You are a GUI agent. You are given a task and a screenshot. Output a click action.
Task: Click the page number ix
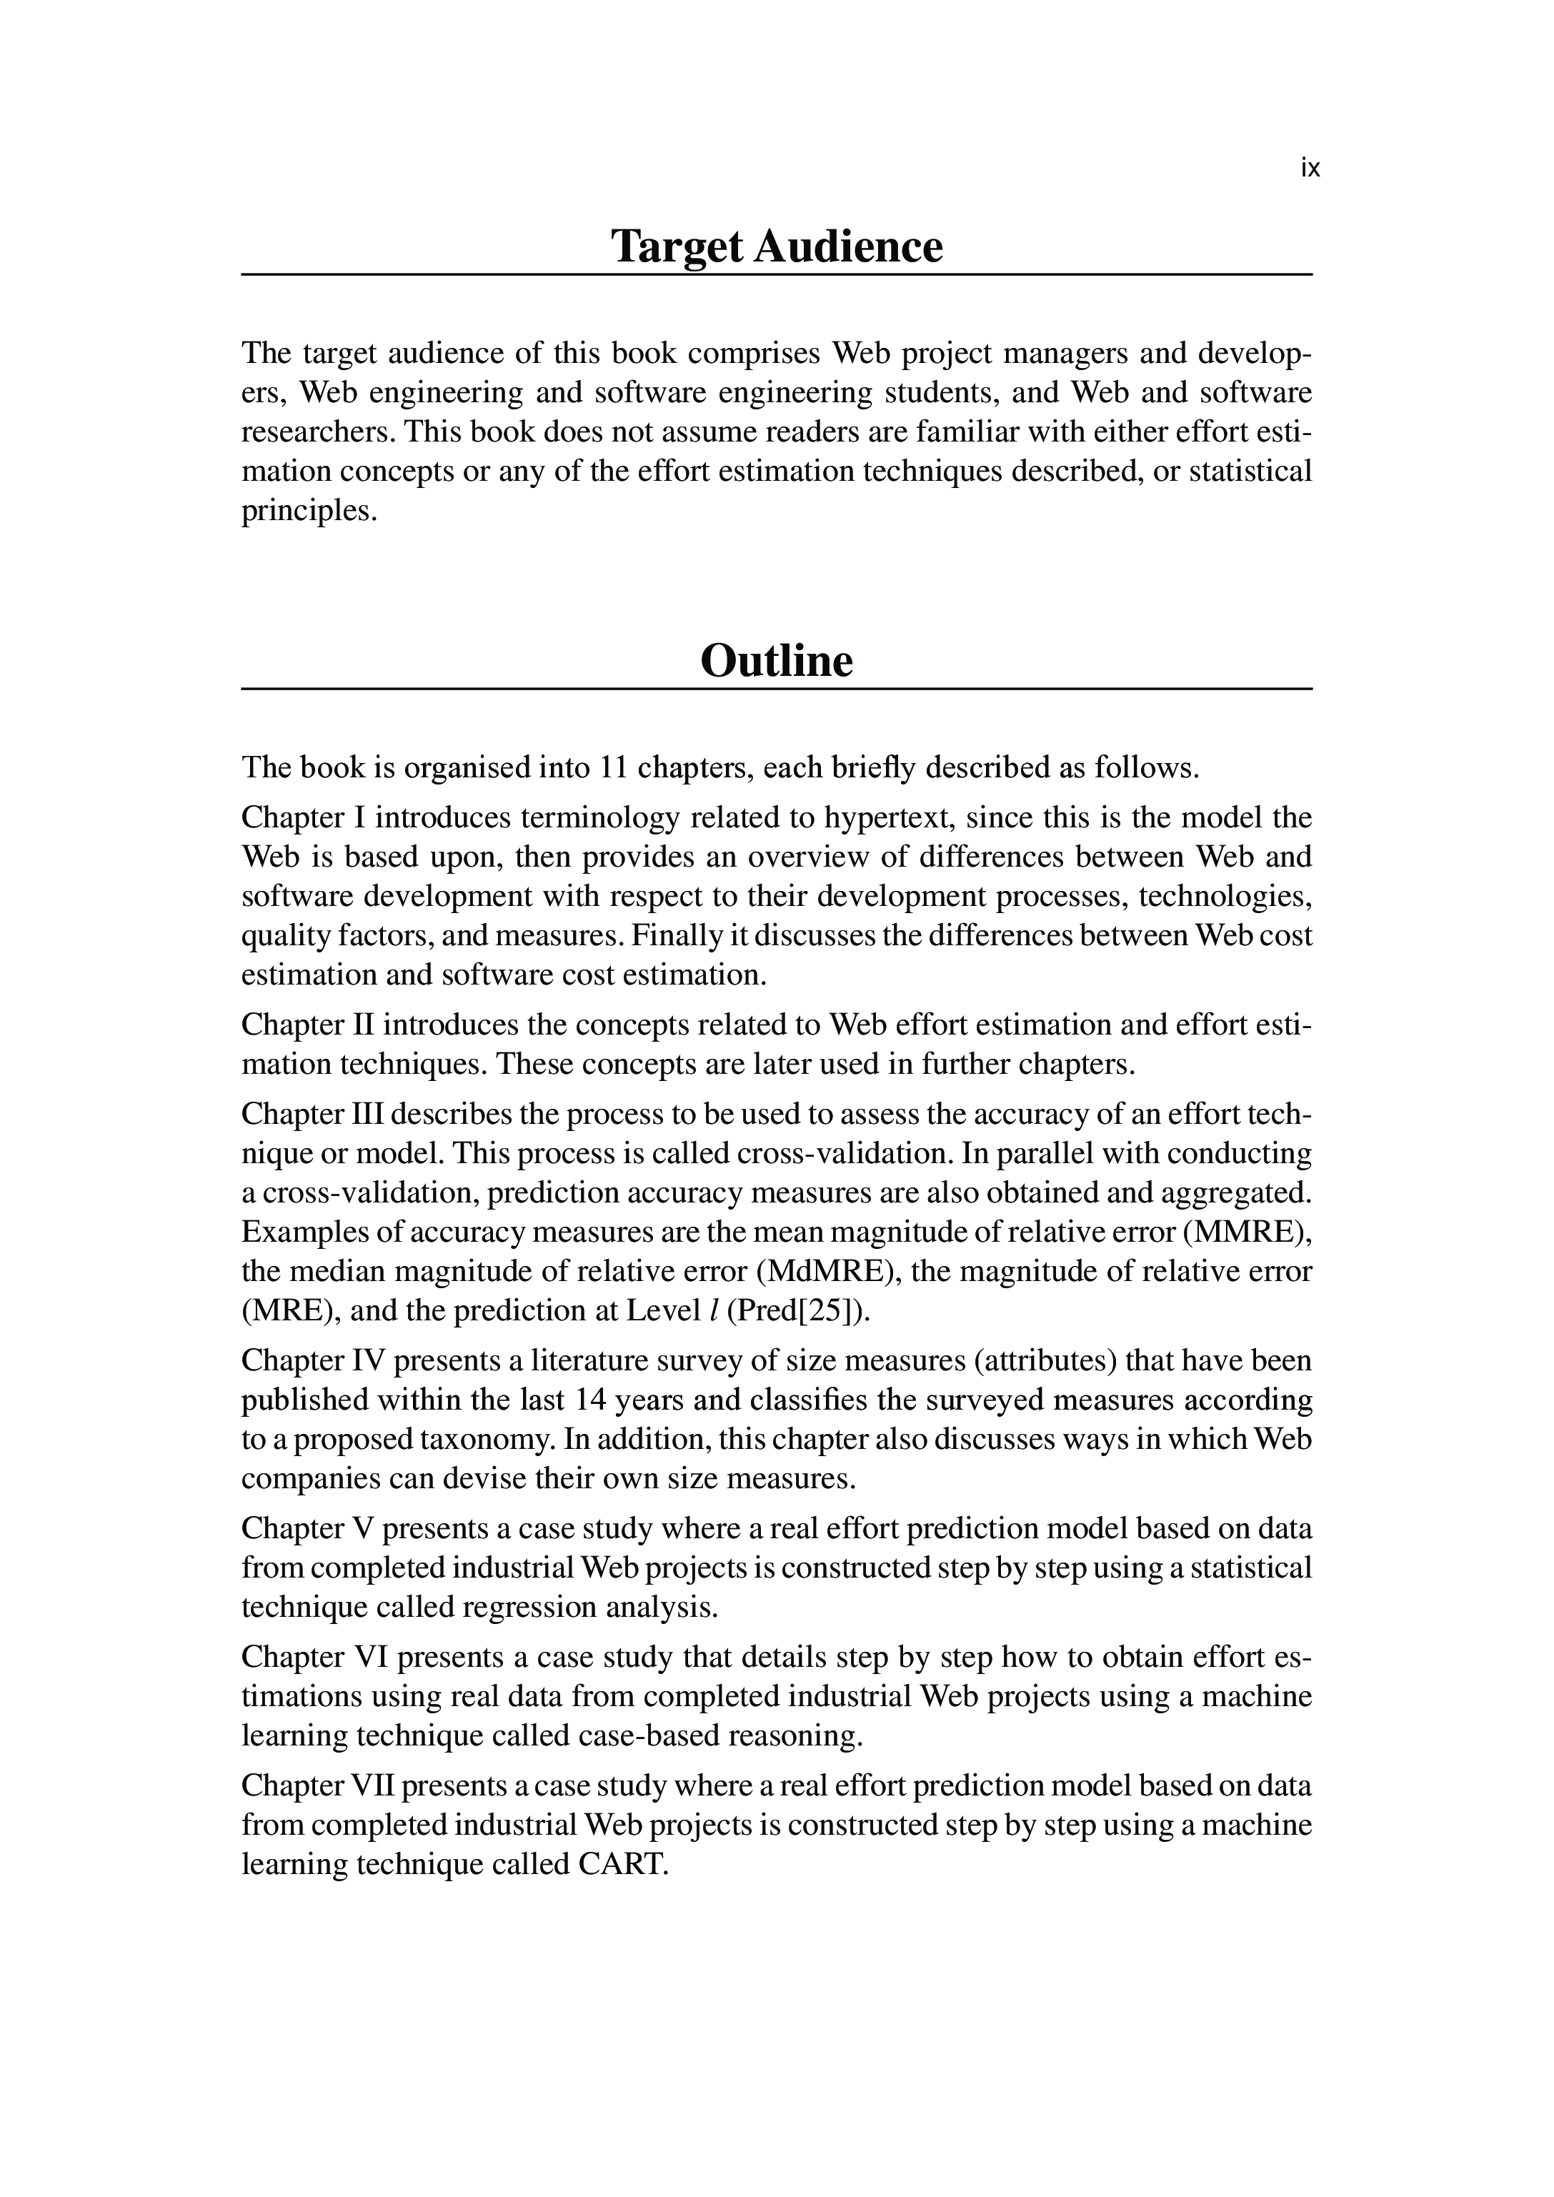coord(1310,169)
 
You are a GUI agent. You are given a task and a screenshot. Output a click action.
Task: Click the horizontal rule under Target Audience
coord(776,274)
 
